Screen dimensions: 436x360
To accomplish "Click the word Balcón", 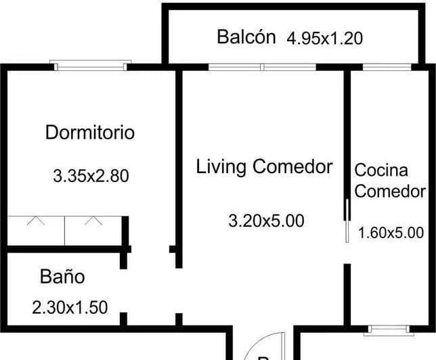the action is tap(246, 37).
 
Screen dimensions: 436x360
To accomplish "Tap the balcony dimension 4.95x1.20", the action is tap(324, 39).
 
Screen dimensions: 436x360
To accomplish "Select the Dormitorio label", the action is tap(90, 133).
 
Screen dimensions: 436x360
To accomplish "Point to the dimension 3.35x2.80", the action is tap(91, 176).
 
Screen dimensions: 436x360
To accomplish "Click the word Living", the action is tap(221, 166).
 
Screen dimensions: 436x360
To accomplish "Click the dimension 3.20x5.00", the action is tap(266, 221).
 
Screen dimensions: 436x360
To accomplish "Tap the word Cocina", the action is tap(381, 170).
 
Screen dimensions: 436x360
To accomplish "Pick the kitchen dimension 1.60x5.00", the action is tap(391, 233).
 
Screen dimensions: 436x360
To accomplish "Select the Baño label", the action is tap(62, 276).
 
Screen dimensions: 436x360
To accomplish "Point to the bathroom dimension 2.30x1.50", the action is tap(70, 307).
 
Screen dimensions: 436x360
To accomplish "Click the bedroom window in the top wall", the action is tap(90, 66).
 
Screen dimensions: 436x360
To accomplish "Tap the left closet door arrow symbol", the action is tap(36, 221).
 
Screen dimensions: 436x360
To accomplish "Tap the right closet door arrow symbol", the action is tap(93, 221).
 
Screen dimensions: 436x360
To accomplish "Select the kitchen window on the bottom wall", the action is tap(389, 330).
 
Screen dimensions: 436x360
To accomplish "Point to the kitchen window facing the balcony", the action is tap(387, 67).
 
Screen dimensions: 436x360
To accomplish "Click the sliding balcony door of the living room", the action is tap(262, 67).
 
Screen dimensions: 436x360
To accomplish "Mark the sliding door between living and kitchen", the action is tap(347, 221).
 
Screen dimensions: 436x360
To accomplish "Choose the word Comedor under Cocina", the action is tap(390, 192).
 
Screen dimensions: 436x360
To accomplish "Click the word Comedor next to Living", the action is tap(292, 166).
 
